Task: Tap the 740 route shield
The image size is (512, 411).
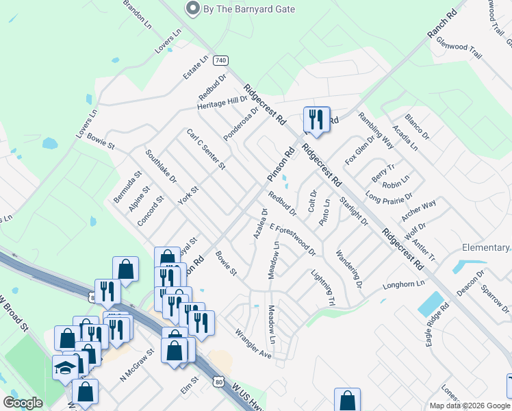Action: [220, 60]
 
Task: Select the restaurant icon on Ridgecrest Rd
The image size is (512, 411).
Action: [316, 120]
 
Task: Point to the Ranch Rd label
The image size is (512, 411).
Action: [441, 24]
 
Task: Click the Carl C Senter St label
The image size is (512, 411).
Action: [206, 149]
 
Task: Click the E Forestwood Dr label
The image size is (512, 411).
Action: [292, 238]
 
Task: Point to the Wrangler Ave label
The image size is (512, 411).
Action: [253, 344]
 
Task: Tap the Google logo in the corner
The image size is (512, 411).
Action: [23, 403]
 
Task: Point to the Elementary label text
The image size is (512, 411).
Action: [486, 247]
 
